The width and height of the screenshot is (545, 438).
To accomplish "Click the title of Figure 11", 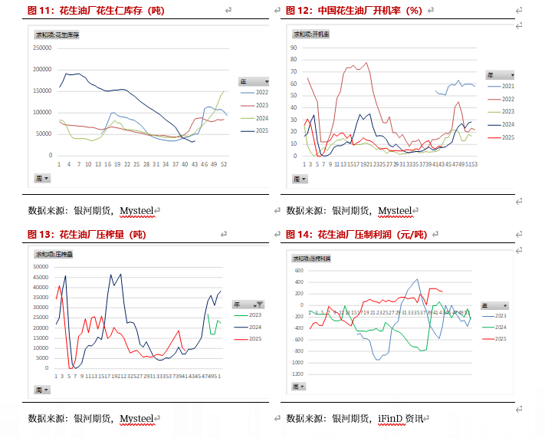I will [95, 11].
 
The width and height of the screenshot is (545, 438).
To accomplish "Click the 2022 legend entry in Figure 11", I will [261, 93].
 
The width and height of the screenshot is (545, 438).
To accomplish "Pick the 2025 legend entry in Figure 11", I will [261, 130].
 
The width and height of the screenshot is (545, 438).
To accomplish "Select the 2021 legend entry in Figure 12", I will [507, 87].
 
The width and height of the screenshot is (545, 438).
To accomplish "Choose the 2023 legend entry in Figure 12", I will [507, 111].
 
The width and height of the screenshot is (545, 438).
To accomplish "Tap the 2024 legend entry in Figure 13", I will [255, 327].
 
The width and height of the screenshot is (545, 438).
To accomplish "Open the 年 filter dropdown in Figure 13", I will [260, 305].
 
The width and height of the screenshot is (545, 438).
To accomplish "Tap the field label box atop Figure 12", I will [312, 35].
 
